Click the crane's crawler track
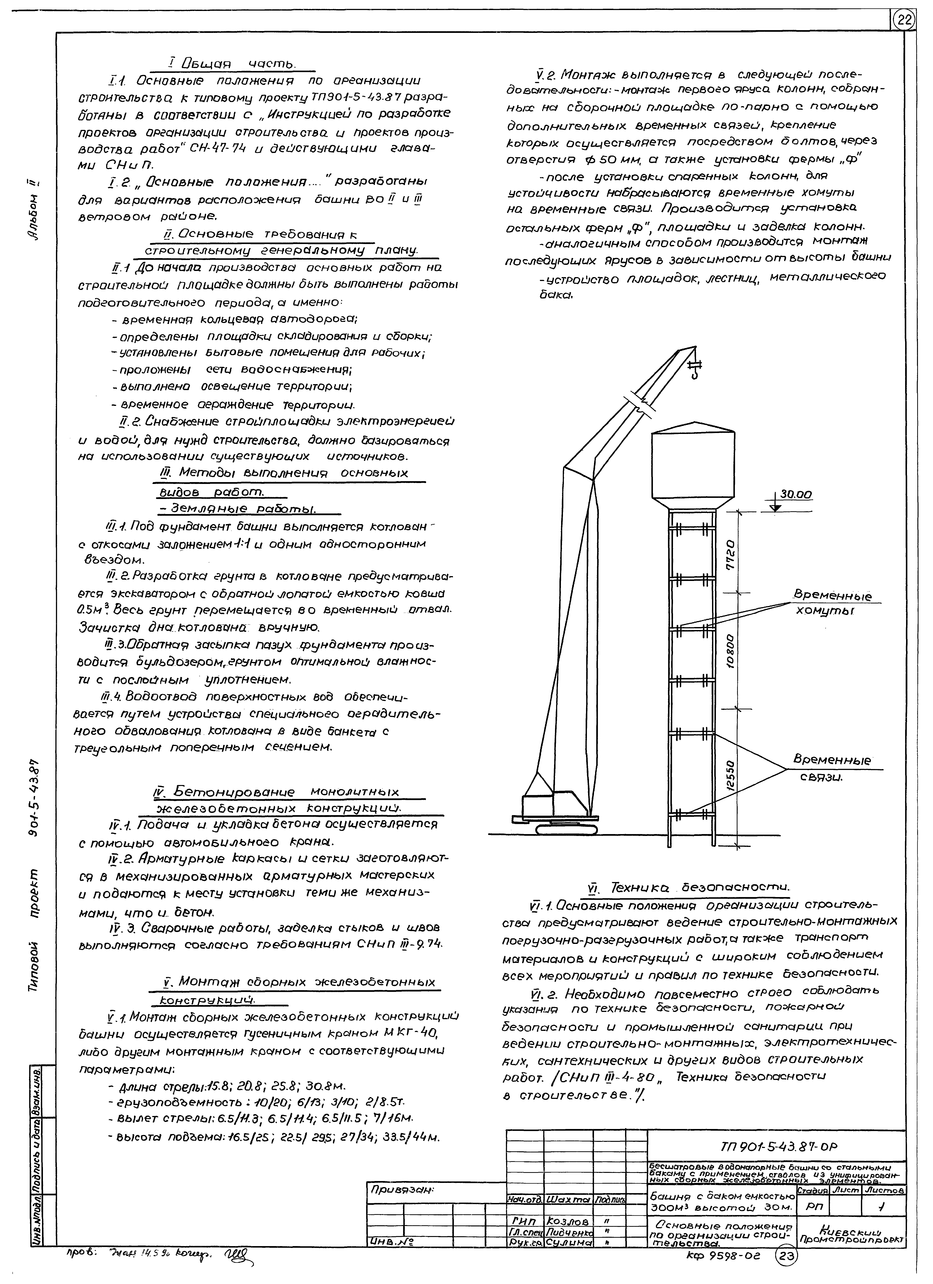click(566, 829)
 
